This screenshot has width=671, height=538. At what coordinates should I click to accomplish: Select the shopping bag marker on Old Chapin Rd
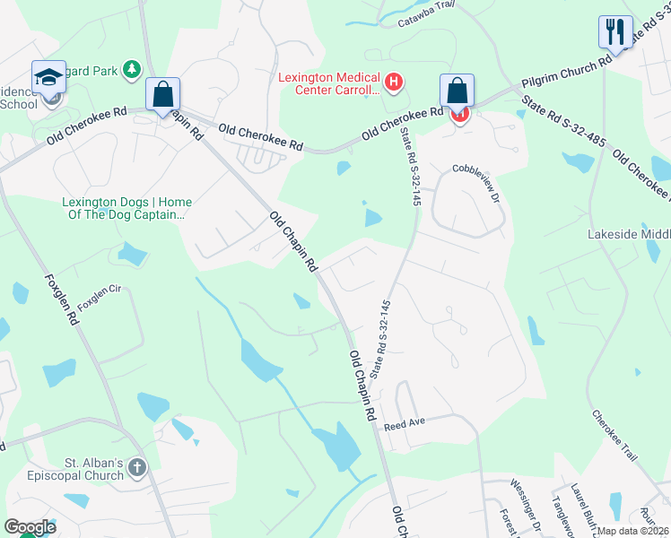pyautogui.click(x=163, y=94)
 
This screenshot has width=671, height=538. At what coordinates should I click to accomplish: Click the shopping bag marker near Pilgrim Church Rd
pyautogui.click(x=457, y=91)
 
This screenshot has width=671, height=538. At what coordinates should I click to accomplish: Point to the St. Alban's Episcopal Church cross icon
pyautogui.click(x=136, y=467)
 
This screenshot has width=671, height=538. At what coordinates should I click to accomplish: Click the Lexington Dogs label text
pyautogui.click(x=126, y=208)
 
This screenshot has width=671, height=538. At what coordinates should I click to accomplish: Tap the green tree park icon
pyautogui.click(x=132, y=68)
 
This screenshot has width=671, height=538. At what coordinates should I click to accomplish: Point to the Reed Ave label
pyautogui.click(x=403, y=422)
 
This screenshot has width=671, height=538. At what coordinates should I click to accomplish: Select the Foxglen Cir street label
pyautogui.click(x=99, y=298)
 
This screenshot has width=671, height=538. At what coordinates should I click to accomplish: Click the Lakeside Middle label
pyautogui.click(x=628, y=234)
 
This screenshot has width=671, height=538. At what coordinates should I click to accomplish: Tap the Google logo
pyautogui.click(x=30, y=526)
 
